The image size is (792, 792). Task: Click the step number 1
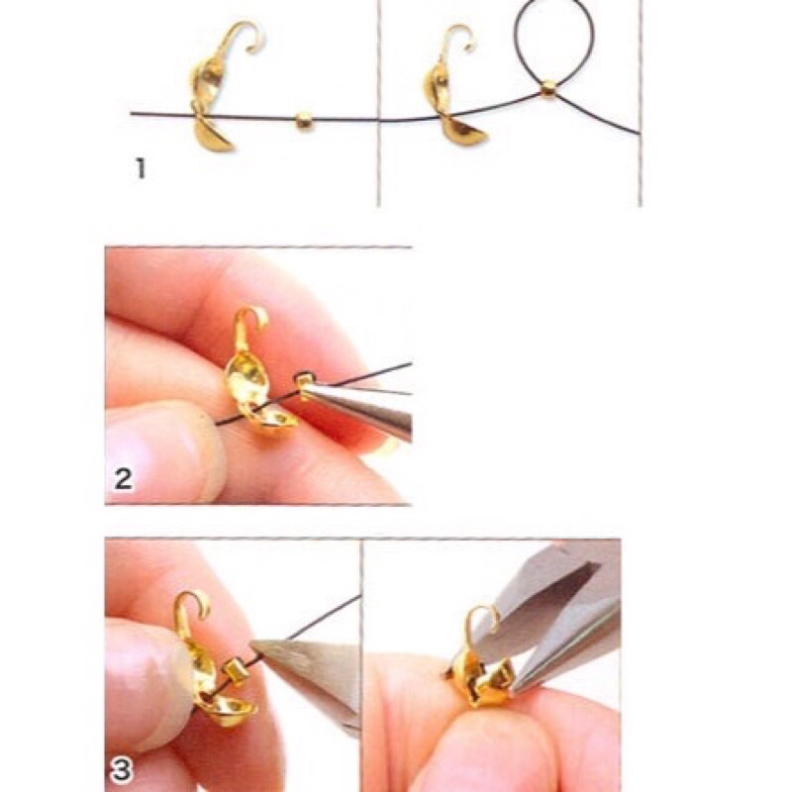pos(141,168)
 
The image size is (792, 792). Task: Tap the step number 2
pos(123,479)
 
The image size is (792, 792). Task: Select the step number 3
pos(121,771)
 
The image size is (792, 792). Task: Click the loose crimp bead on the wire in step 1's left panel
pos(303,121)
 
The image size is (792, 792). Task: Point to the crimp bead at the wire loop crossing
pos(548,90)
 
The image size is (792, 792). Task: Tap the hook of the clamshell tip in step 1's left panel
pos(244,35)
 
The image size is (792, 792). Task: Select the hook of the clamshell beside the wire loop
pos(458,37)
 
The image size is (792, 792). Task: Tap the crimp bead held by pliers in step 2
pos(304,384)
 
